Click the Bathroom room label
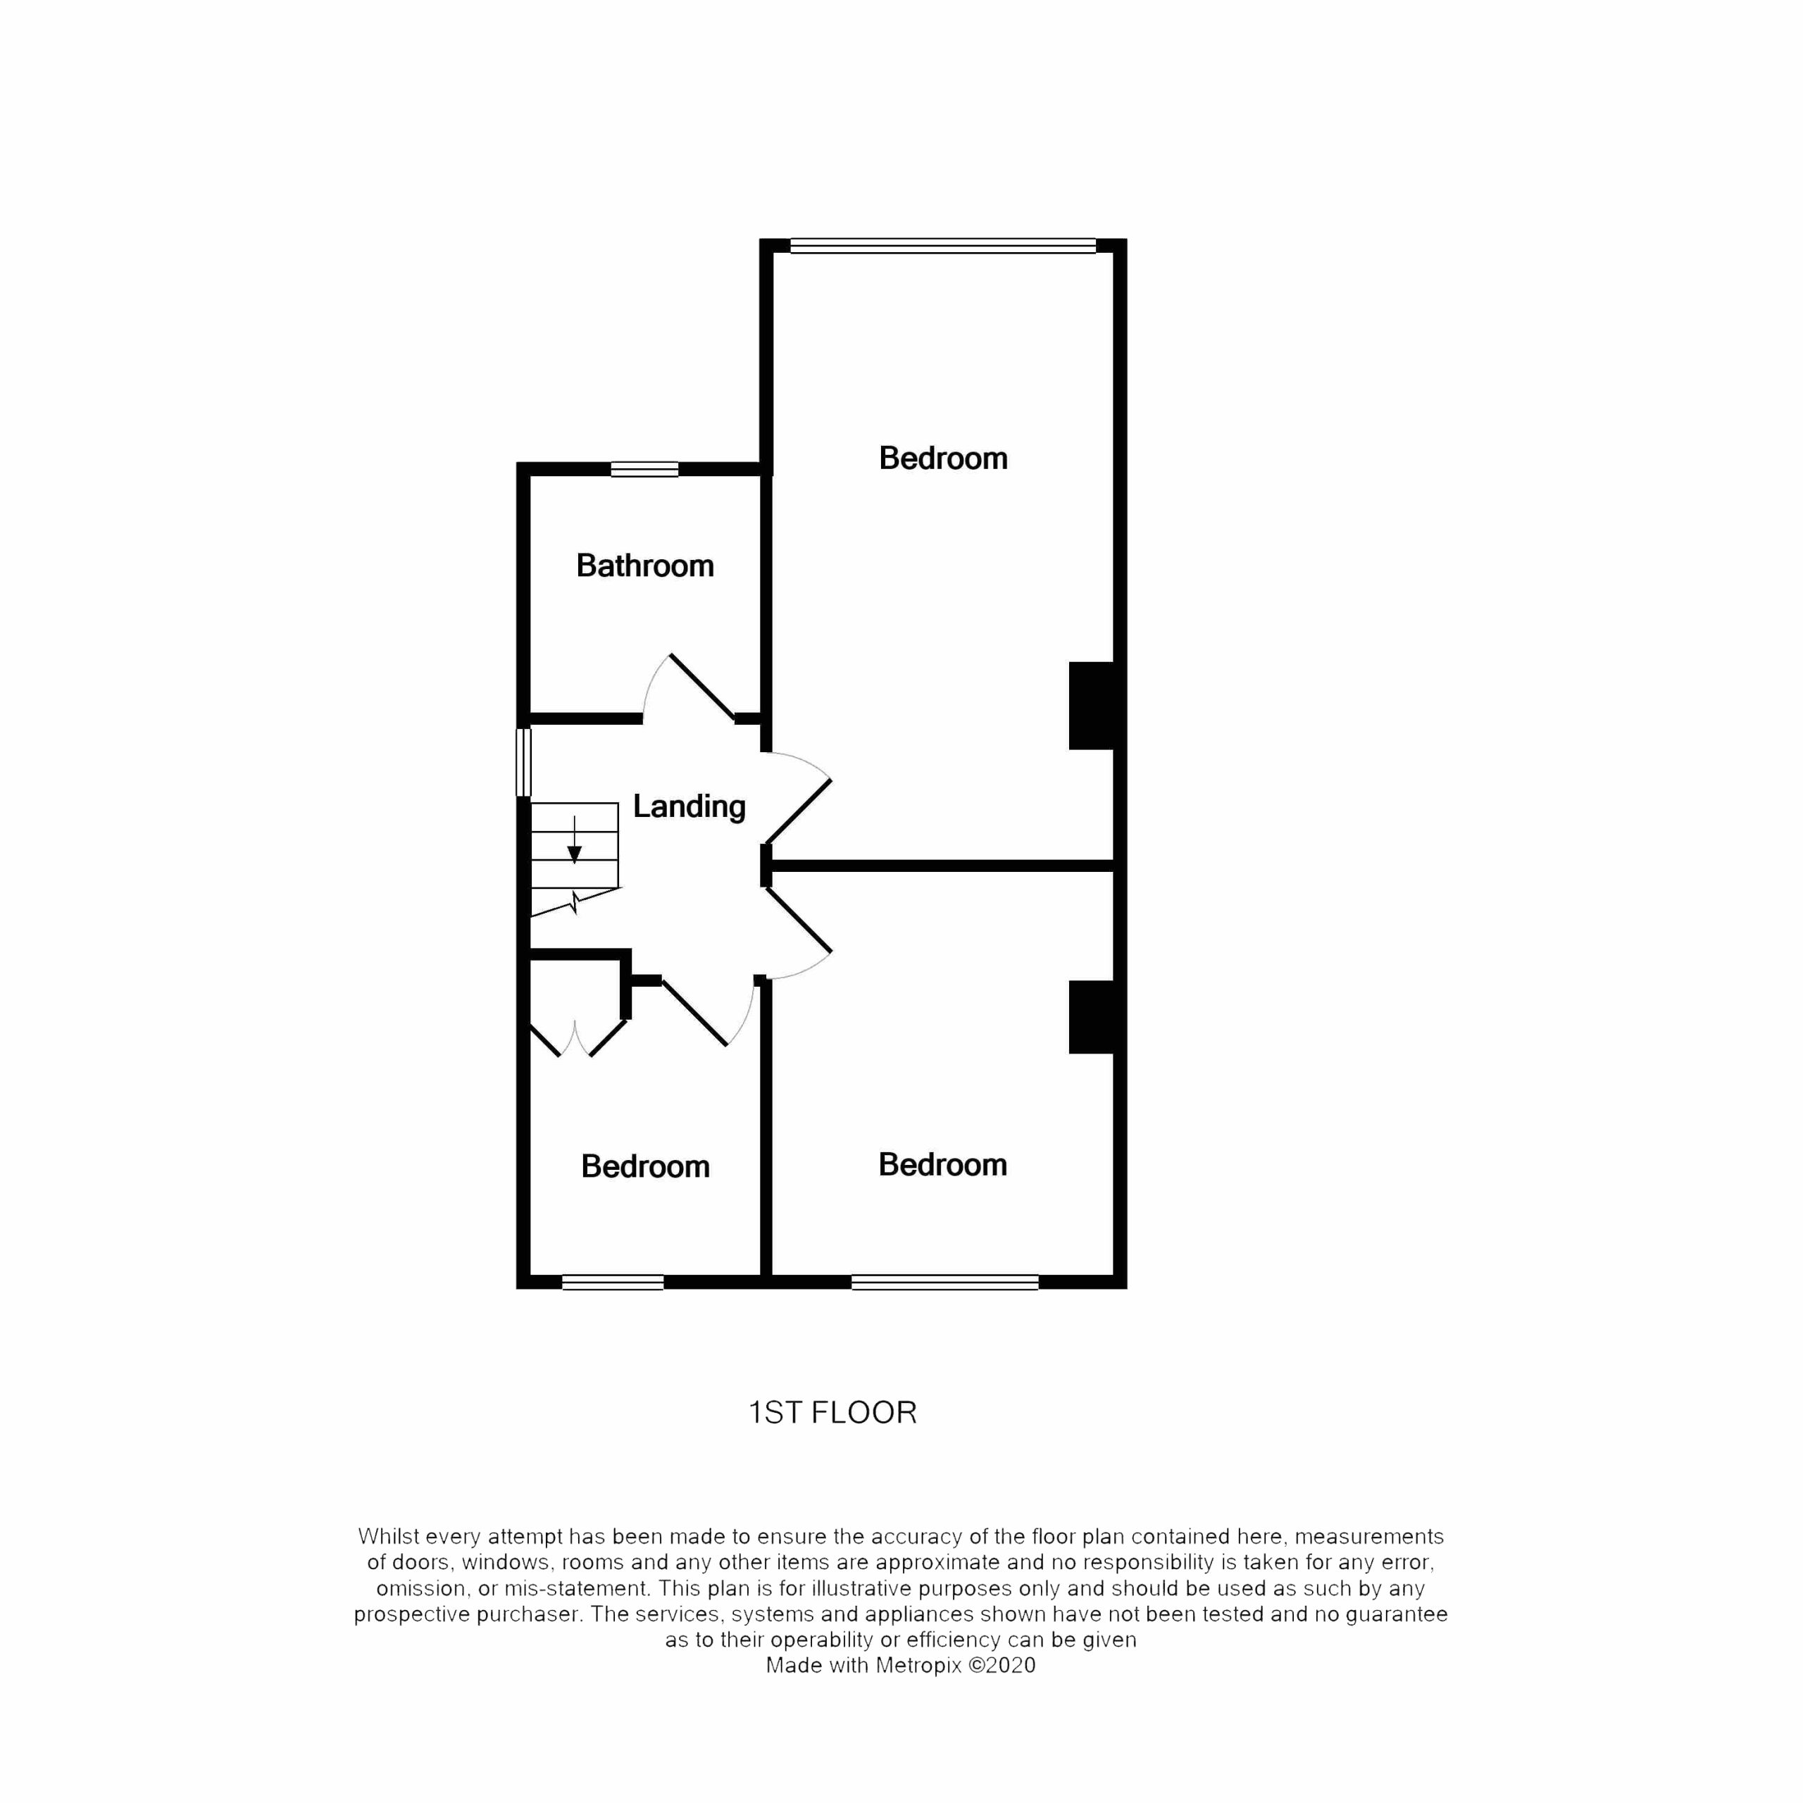pos(645,566)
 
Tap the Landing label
pos(690,806)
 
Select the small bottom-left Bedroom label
pos(645,1166)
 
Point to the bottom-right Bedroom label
pos(942,1165)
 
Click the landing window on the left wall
pos(523,763)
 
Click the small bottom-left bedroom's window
pos(612,1283)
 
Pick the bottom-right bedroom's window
pos(944,1283)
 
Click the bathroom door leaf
pos(701,687)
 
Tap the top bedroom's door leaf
pos(799,812)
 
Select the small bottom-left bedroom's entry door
pos(695,1013)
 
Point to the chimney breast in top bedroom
pos(1092,706)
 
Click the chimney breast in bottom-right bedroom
pos(1092,1016)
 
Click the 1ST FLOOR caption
pos(833,1413)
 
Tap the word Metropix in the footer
pos(918,1666)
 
